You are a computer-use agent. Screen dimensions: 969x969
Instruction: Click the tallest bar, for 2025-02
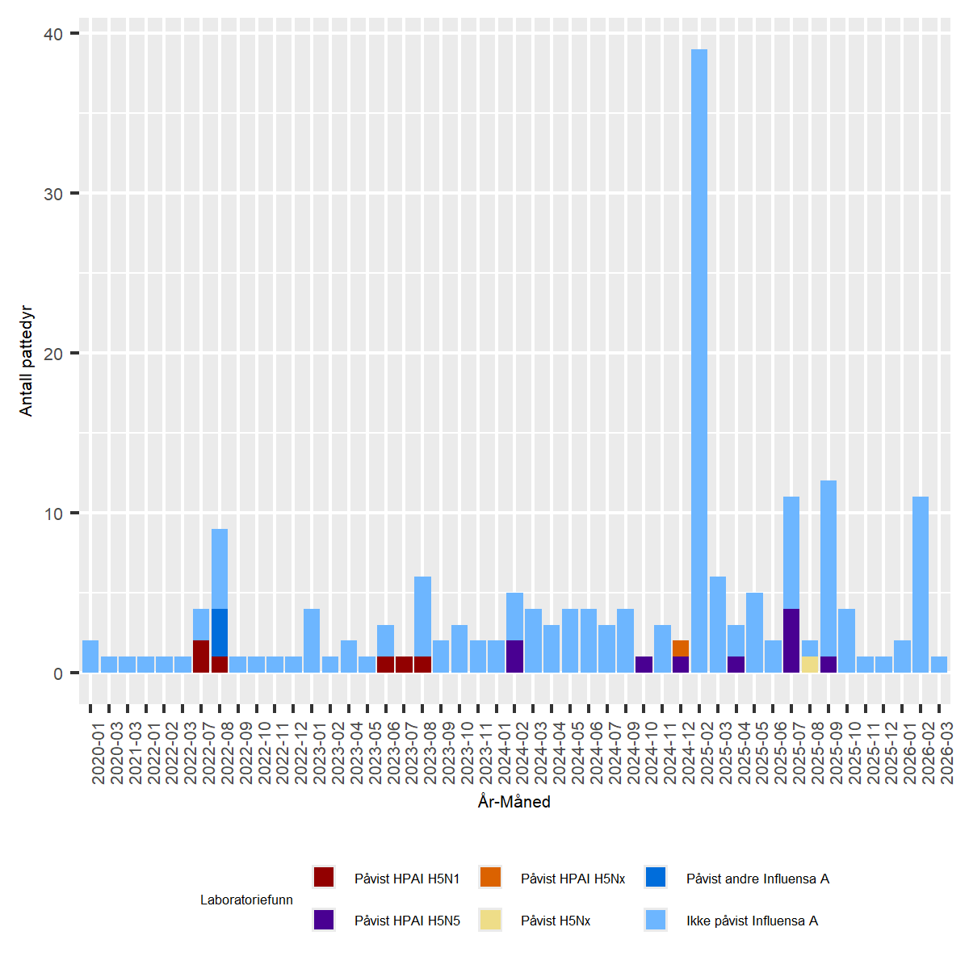point(699,360)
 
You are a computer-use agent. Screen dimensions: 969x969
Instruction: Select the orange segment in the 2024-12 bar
point(681,648)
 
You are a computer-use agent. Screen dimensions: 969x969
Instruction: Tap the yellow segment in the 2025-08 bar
point(810,665)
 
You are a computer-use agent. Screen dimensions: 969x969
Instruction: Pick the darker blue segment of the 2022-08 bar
point(220,633)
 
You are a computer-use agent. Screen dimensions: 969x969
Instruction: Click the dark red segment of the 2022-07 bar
point(201,656)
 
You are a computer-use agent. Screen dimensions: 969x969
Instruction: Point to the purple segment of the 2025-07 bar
point(791,640)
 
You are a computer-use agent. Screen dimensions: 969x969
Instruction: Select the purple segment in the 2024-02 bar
point(514,656)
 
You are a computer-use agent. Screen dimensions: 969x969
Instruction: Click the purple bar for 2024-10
point(644,665)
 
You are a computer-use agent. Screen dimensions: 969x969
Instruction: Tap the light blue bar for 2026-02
point(921,585)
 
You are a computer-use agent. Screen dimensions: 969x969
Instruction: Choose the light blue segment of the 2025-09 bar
point(828,568)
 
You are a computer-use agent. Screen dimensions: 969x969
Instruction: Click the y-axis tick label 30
point(53,194)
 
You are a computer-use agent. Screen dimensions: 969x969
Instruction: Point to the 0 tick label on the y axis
point(58,673)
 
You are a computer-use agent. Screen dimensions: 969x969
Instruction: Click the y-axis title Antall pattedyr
point(27,361)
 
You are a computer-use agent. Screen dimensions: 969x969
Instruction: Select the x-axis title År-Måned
point(514,802)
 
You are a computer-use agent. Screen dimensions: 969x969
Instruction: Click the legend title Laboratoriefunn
point(246,900)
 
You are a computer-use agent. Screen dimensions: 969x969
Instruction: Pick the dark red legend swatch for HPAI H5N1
point(324,878)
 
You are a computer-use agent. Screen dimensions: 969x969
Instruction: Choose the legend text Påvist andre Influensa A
point(757,879)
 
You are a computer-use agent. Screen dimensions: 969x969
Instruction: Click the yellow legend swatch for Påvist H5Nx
point(490,920)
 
